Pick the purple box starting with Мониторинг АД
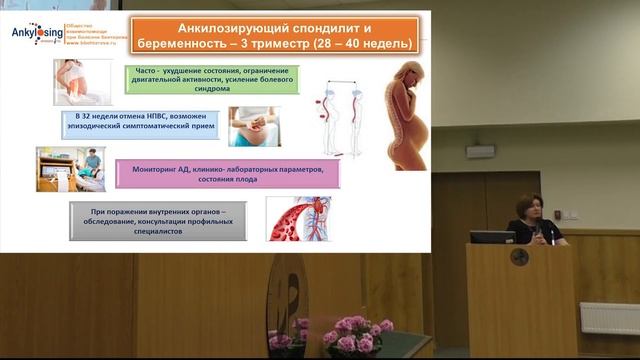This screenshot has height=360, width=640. click(227, 174)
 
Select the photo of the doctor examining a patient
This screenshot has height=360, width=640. click(70, 169)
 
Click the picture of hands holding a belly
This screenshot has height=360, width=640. click(253, 127)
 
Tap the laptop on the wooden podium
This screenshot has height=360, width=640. click(492, 237)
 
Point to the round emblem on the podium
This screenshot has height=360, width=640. click(520, 258)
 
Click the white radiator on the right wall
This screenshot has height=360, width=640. click(609, 318)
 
